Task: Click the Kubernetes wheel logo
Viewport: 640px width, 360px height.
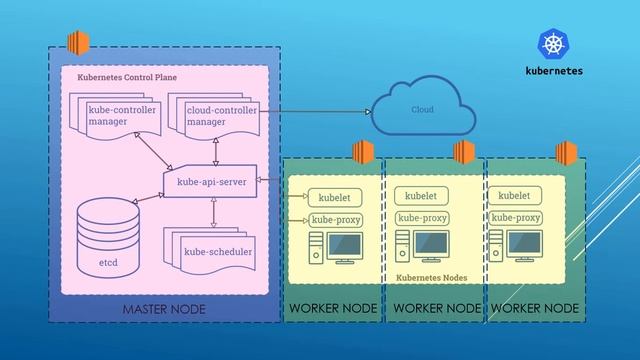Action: coord(553,44)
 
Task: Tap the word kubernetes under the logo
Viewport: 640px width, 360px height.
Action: coord(553,71)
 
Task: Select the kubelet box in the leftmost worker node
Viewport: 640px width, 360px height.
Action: coord(334,197)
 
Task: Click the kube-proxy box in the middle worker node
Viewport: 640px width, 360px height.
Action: coord(421,217)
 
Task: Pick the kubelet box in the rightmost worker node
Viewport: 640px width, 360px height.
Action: coord(515,196)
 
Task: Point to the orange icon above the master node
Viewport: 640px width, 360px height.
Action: coord(77,44)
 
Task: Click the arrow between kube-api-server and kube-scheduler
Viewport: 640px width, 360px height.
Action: coord(212,211)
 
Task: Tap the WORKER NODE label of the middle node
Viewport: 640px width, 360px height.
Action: coord(436,310)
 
